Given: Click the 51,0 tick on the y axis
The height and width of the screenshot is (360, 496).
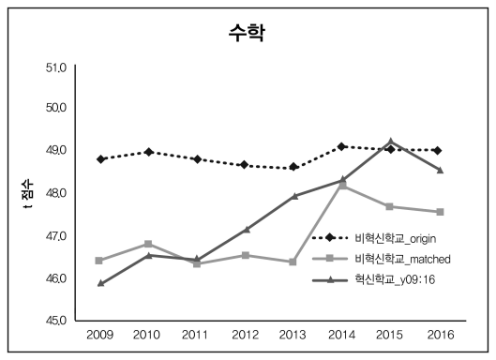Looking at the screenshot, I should click(56, 68).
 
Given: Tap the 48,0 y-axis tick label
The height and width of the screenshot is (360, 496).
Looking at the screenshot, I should click(56, 192).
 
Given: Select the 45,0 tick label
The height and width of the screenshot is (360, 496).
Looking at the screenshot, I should click(56, 321).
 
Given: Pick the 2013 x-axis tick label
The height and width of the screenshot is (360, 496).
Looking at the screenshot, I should click(293, 335).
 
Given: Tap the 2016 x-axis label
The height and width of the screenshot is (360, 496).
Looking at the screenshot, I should click(439, 335).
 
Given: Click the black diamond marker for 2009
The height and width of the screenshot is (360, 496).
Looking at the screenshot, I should click(99, 159).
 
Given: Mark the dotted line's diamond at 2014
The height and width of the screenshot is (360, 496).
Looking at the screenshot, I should click(342, 146).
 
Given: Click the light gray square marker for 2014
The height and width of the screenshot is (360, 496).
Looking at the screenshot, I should click(342, 186).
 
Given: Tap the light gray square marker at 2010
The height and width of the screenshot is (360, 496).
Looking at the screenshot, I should click(148, 244).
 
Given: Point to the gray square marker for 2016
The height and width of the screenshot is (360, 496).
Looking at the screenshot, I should click(439, 212).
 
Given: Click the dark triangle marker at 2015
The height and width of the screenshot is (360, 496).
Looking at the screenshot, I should click(390, 142).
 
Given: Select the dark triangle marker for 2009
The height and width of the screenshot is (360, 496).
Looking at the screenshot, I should click(99, 282).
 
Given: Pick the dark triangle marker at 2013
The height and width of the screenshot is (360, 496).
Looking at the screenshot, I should click(293, 196).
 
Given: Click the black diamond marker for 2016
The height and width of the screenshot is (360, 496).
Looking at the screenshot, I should click(439, 150).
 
